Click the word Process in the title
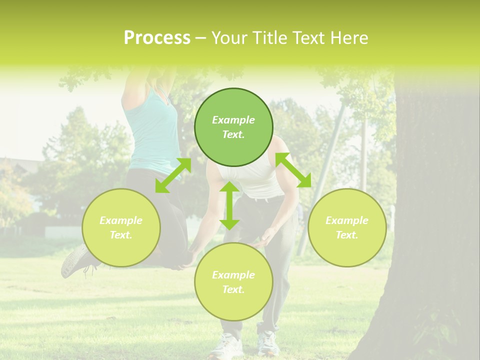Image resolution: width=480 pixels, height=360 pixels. tap(157, 38)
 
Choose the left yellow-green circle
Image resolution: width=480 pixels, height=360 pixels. tap(121, 227)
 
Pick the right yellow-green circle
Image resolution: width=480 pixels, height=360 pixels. tap(347, 227)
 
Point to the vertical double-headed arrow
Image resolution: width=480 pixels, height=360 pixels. tap(229, 205)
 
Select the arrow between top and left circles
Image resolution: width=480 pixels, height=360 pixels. tap(173, 175)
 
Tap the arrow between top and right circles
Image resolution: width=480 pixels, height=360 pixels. tap(293, 170)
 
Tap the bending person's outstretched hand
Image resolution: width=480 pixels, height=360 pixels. tap(267, 236)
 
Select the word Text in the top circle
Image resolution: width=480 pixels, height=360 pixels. tap(233, 134)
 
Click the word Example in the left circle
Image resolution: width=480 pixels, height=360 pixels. tap(121, 220)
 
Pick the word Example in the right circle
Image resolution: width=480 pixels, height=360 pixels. tap(347, 220)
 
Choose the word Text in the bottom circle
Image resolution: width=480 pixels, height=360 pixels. tap(233, 289)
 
